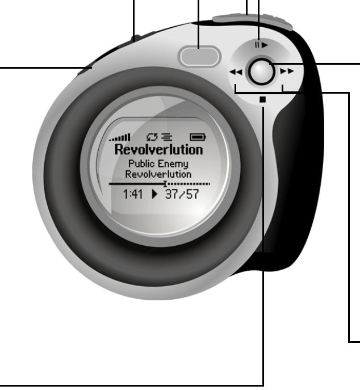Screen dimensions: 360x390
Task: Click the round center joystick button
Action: point(261,72)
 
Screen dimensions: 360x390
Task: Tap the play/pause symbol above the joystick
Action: point(261,45)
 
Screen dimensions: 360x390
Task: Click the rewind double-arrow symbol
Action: point(235,72)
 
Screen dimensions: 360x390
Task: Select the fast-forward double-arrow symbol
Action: point(287,72)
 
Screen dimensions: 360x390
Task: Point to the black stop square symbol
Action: point(262,99)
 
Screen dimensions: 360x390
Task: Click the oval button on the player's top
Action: point(199,56)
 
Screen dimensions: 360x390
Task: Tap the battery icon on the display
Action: point(198,137)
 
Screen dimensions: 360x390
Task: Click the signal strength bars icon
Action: point(120,137)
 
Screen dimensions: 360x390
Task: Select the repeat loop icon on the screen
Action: point(152,137)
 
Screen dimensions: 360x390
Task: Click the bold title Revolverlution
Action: point(159,150)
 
